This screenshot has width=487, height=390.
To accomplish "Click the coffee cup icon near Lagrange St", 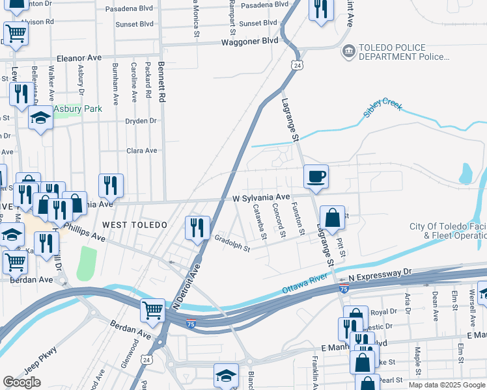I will coord(316,176).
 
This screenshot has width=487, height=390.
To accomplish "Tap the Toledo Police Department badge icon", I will coord(348,51).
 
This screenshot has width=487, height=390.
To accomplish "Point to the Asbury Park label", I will coord(77,109).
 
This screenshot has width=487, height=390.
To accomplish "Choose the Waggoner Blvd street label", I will coord(252,40).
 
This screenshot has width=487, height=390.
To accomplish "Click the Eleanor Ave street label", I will coord(79,58).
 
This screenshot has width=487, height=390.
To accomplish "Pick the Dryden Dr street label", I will coord(141,121).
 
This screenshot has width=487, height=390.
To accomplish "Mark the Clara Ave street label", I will coord(142,151).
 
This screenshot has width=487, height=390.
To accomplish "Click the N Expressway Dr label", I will coord(380,275).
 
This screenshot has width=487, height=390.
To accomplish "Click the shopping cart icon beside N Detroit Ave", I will coord(152,309).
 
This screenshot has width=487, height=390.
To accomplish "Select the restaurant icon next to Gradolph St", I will coord(197,227).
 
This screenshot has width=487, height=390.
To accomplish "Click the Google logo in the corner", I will coord(22,382).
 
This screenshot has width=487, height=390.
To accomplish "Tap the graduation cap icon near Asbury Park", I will coord(40,118).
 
